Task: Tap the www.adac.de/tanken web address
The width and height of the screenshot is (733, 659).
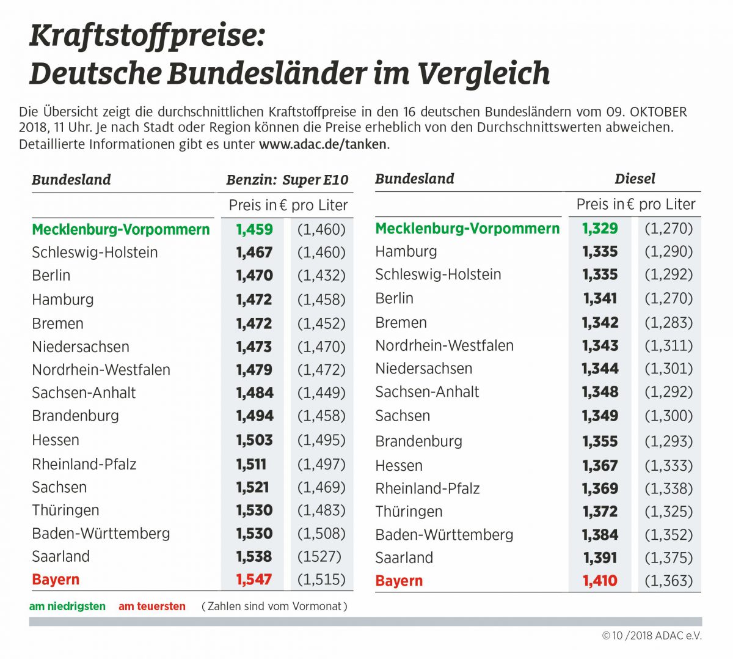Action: click(323, 145)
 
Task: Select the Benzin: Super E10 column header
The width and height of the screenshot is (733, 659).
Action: click(287, 180)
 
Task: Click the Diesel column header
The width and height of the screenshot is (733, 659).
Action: click(635, 179)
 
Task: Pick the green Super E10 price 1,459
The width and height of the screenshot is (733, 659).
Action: click(255, 229)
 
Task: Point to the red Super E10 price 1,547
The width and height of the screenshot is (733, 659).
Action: click(255, 580)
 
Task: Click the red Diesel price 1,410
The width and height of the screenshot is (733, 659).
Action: click(600, 581)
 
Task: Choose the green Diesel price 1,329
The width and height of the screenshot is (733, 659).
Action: click(600, 228)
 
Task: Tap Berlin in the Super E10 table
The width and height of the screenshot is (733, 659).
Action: click(51, 275)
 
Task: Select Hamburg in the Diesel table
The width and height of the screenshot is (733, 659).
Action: click(406, 251)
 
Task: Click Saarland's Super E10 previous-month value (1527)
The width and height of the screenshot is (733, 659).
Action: click(319, 556)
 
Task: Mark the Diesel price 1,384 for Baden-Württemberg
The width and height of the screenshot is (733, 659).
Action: click(600, 535)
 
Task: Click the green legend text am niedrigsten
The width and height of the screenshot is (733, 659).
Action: click(67, 606)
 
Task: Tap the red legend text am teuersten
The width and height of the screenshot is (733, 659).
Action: click(152, 606)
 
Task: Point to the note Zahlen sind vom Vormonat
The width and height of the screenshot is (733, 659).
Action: click(274, 606)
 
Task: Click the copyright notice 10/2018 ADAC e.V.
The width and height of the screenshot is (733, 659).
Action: click(652, 636)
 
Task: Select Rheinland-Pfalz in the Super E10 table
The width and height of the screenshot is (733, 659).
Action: click(84, 464)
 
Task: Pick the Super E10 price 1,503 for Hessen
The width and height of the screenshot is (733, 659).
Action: click(255, 440)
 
